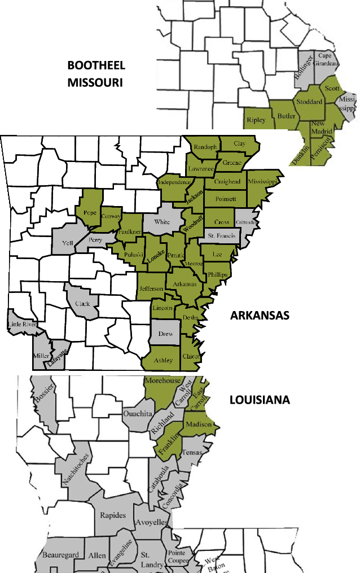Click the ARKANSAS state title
(260, 315)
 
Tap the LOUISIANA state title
(260, 400)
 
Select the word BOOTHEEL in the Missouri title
(96, 65)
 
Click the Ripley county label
(256, 120)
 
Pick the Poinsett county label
(225, 199)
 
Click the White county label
(162, 222)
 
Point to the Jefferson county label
(151, 288)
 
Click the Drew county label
(165, 334)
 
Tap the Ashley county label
(163, 360)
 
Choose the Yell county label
(68, 243)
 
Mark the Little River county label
(21, 324)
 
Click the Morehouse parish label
(163, 381)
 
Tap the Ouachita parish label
(138, 414)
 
